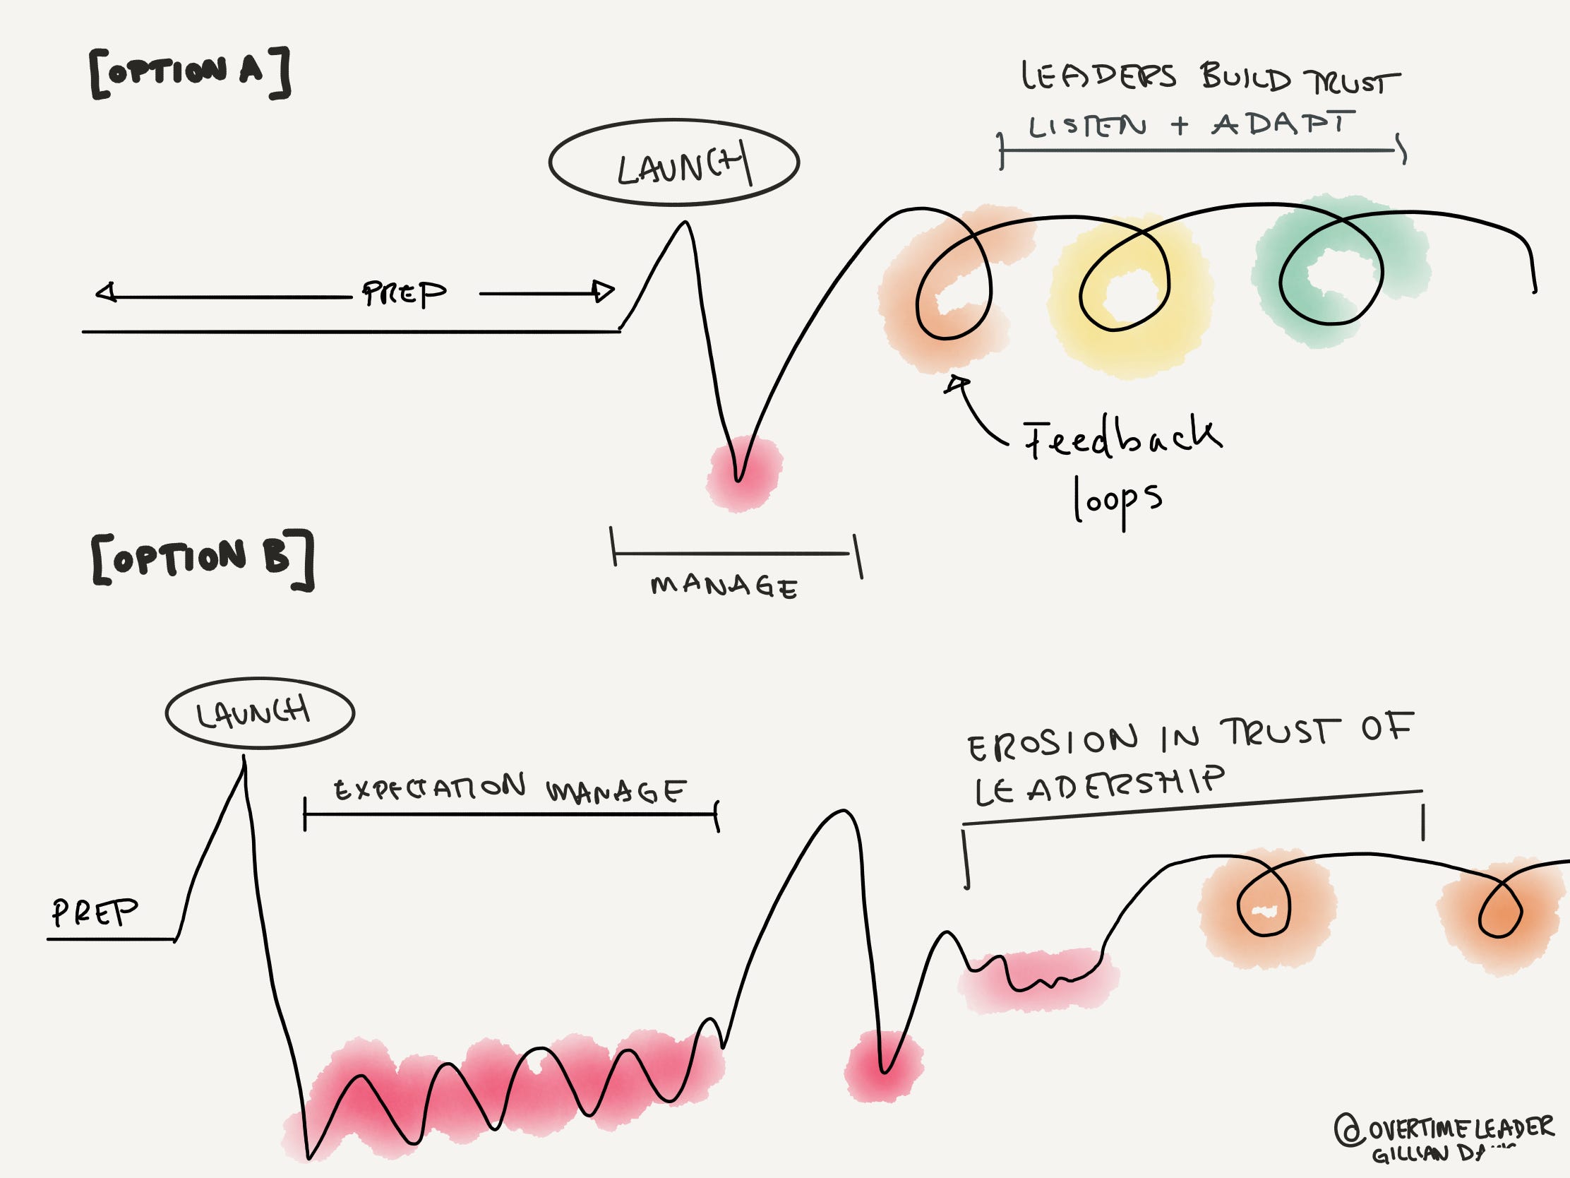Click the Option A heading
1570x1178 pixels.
coord(189,73)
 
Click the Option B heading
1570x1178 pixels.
coord(202,559)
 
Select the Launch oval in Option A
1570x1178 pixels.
coord(673,162)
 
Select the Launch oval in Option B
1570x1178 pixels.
coord(260,712)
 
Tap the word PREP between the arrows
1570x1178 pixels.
coord(404,292)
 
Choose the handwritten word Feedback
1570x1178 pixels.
coord(1122,437)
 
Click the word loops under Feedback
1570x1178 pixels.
coord(1117,501)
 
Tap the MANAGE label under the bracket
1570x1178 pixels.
coord(724,585)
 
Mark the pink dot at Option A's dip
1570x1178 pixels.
coord(742,472)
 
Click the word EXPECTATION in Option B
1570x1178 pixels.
coord(429,788)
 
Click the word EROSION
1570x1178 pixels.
coord(1051,743)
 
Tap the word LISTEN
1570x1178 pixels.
coord(1086,126)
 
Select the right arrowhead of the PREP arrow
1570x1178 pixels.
coord(604,291)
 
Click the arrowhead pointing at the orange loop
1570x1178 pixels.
coord(957,384)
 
